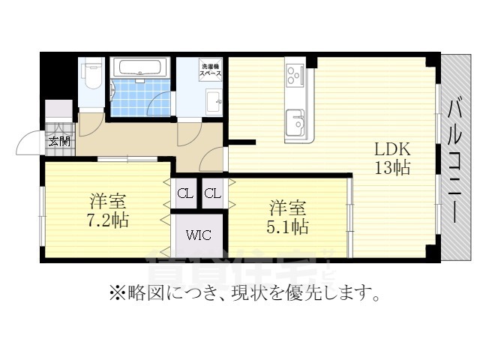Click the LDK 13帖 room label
pos(391,158)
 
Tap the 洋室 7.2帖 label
pos(107,211)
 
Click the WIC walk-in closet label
pos(199,235)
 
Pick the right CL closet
pos(213,194)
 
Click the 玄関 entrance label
pos(58,141)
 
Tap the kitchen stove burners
pos(293,76)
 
